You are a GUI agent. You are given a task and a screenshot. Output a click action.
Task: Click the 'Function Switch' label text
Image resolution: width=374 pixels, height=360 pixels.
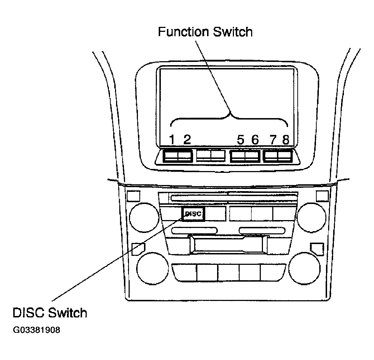[205, 32]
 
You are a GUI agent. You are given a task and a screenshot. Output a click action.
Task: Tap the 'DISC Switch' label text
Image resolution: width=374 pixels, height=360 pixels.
[50, 313]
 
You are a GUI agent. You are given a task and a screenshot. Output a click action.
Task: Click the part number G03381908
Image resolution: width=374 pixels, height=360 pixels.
[37, 330]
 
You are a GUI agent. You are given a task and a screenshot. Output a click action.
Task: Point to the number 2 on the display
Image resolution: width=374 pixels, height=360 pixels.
[187, 140]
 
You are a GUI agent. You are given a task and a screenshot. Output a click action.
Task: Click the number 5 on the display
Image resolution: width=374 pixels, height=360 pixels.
[241, 140]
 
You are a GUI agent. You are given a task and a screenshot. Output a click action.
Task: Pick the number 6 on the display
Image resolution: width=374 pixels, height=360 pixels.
[255, 140]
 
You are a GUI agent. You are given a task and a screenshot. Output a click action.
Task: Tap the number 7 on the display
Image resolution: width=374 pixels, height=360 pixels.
[273, 140]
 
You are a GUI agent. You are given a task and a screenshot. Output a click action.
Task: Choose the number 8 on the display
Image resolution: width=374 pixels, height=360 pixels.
[286, 140]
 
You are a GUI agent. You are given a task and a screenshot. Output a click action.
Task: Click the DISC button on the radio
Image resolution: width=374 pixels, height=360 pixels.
[193, 214]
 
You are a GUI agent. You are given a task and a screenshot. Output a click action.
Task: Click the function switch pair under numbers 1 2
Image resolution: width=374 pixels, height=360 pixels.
[178, 156]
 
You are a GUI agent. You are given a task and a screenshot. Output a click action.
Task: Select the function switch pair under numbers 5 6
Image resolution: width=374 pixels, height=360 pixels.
[245, 156]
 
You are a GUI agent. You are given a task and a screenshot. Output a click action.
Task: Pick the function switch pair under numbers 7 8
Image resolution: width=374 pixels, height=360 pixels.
[278, 156]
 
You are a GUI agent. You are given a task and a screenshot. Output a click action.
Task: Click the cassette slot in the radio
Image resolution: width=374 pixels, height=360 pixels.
[229, 245]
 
